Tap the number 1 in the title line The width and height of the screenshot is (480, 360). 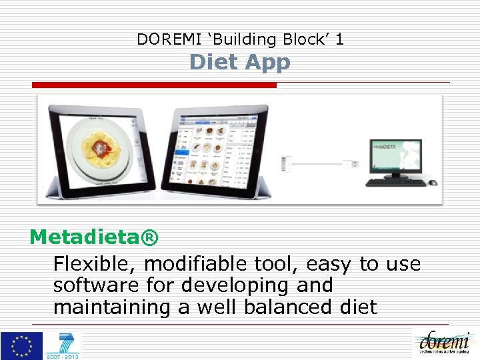click(x=339, y=39)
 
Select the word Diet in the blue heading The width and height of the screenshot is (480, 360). click(x=214, y=62)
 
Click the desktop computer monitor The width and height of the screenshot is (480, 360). click(x=396, y=159)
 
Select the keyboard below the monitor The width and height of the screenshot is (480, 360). click(x=396, y=181)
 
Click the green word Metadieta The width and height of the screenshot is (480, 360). click(x=85, y=237)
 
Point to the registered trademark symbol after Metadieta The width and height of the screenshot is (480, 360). click(x=151, y=237)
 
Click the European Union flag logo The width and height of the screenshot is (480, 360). click(x=21, y=345)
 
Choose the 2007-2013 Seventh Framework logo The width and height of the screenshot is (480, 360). click(x=63, y=346)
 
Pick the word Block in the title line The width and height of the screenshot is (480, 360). click(x=305, y=39)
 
